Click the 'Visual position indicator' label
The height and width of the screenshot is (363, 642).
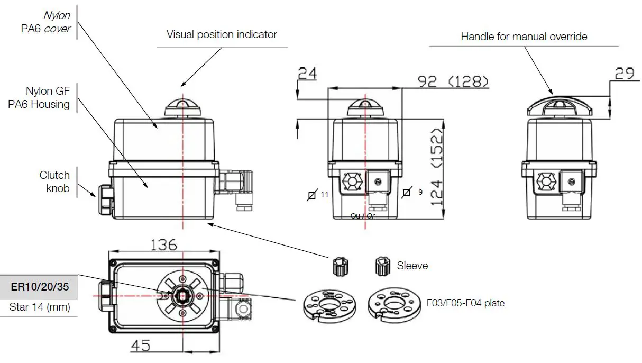click(x=222, y=35)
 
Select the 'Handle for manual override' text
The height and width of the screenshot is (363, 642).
click(x=524, y=37)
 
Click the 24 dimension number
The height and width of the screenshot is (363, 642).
click(x=307, y=74)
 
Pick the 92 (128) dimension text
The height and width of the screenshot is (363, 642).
click(x=453, y=81)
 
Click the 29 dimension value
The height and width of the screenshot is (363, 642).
click(x=625, y=74)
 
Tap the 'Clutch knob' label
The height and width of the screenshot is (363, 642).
click(x=54, y=181)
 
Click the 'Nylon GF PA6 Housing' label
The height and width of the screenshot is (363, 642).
click(x=40, y=98)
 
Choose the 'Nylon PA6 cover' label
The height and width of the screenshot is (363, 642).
click(x=46, y=22)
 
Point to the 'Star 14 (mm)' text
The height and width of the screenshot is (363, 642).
click(x=40, y=307)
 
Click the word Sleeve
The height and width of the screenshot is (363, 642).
click(x=412, y=266)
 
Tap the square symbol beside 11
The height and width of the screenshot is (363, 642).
click(x=312, y=195)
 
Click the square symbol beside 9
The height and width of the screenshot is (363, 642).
click(x=406, y=193)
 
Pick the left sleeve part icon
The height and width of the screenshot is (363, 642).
click(x=340, y=267)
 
